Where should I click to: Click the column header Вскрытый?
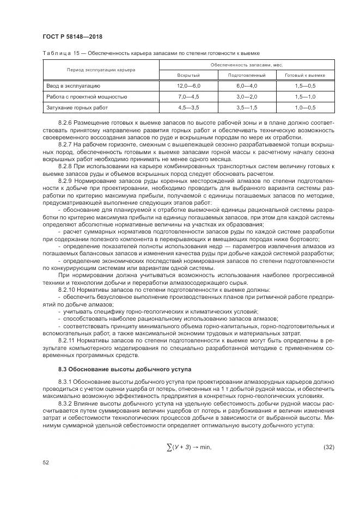click(x=188, y=75)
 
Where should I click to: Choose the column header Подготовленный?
click(x=247, y=75)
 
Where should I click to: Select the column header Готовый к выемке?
click(x=305, y=75)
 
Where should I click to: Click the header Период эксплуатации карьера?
click(x=101, y=70)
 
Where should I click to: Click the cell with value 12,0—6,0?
click(x=188, y=86)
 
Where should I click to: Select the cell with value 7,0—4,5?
click(x=188, y=97)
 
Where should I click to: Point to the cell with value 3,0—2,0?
click(x=247, y=97)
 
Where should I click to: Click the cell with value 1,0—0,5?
click(x=305, y=107)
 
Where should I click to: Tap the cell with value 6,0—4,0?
click(x=247, y=86)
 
